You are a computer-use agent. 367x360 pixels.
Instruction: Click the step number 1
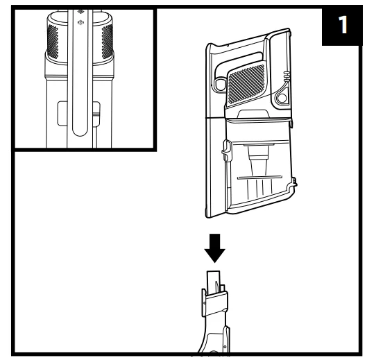343,25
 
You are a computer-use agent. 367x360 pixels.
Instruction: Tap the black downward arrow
214,248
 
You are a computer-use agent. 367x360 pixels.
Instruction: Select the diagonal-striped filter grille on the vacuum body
246,84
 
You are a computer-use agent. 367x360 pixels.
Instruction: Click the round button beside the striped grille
282,98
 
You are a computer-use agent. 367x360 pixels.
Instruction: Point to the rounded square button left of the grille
220,83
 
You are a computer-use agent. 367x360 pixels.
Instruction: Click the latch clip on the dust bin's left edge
226,151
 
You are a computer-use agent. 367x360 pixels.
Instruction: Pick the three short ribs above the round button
287,76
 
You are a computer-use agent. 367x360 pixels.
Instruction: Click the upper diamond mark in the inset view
80,12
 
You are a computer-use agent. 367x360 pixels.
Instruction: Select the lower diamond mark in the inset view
80,22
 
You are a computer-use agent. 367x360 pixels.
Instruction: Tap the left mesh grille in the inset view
53,42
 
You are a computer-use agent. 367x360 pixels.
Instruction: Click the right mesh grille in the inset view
108,42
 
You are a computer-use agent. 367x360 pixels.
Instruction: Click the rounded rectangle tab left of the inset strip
62,114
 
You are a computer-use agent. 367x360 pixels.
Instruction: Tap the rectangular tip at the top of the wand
213,282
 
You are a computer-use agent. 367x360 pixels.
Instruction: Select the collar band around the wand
215,304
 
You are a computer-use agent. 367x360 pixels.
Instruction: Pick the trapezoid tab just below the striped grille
253,114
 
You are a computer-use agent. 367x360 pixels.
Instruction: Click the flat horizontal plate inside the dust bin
259,178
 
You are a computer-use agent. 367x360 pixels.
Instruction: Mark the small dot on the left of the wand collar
205,303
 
